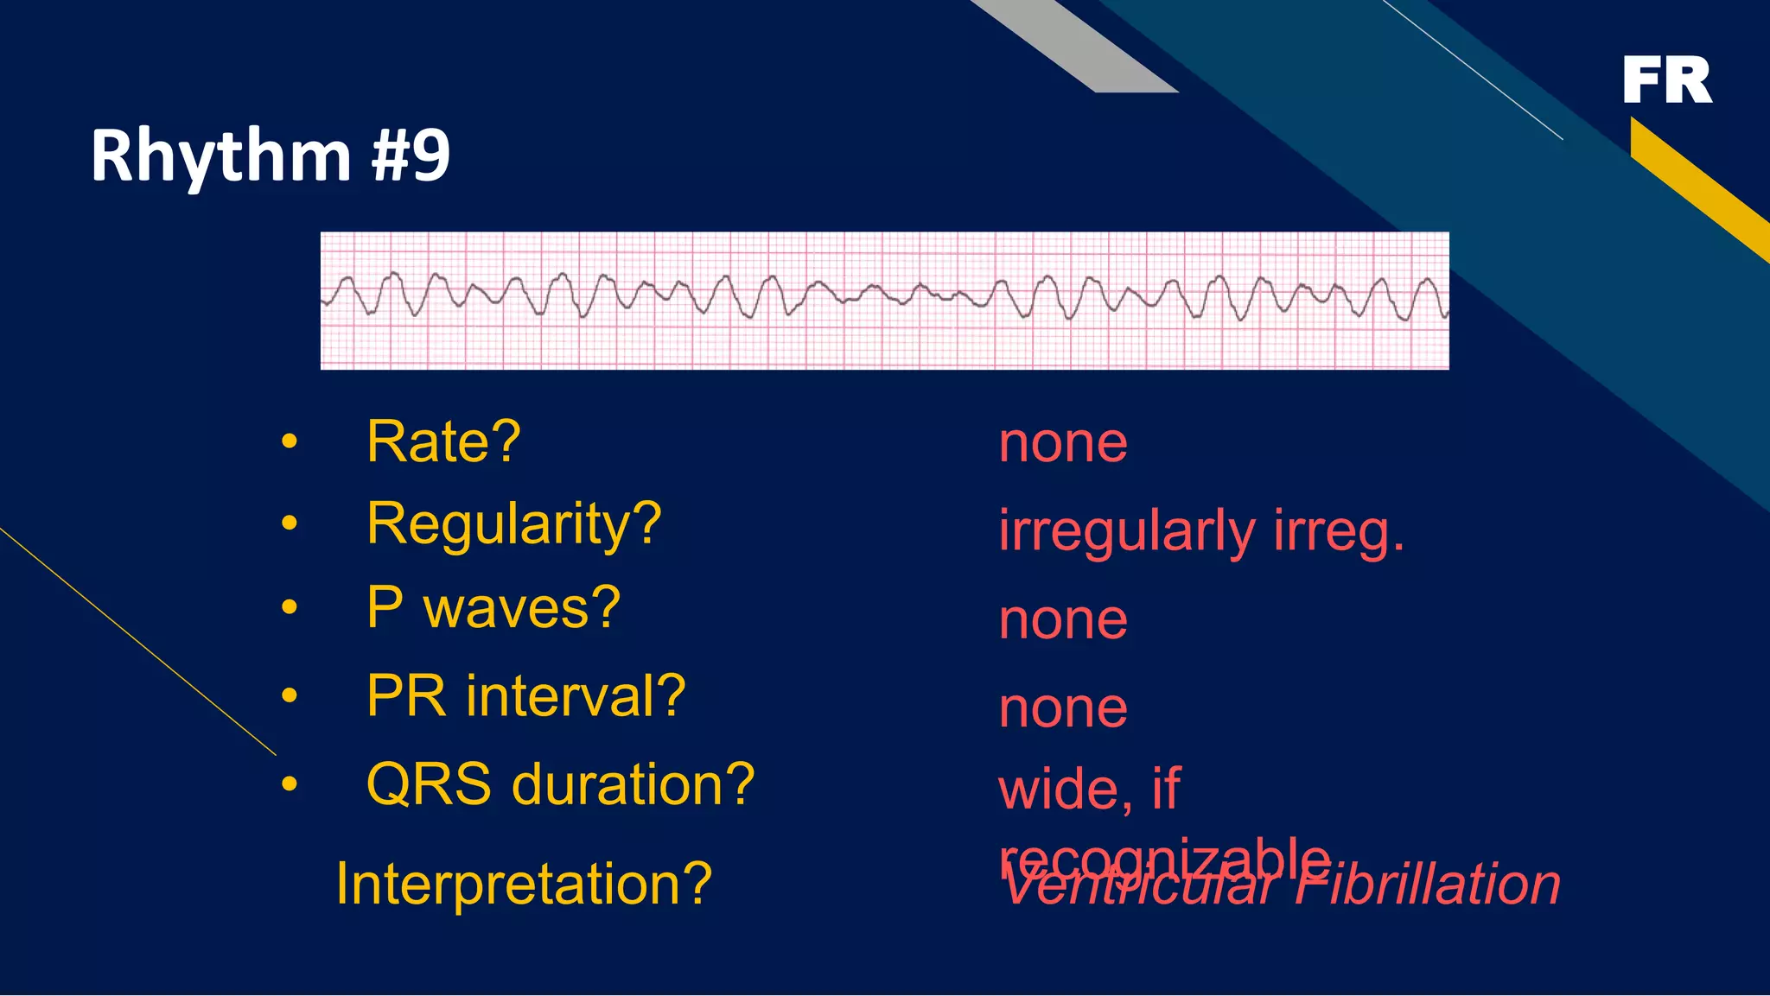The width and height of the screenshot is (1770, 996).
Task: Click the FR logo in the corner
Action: point(1666,80)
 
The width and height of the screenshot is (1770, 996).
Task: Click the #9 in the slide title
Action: point(411,155)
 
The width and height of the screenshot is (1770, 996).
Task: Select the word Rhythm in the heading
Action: point(220,155)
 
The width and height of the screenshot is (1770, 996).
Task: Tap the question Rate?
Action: point(443,441)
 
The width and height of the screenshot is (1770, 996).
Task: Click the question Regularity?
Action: point(513,524)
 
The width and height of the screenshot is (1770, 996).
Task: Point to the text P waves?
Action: point(493,607)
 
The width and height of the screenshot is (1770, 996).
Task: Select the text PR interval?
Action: point(525,696)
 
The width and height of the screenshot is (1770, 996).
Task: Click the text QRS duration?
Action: point(560,784)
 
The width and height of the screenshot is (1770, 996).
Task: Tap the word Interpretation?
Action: point(524,884)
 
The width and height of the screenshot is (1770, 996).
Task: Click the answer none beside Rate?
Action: point(1062,443)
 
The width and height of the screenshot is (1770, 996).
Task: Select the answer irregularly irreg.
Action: point(1201,531)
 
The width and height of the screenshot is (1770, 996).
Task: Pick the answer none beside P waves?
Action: point(1062,620)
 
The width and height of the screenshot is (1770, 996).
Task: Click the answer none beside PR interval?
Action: point(1062,708)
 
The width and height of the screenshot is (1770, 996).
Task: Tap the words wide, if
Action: point(1089,789)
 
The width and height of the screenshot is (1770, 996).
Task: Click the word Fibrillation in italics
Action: point(1428,885)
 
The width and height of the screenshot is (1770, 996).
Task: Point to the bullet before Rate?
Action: point(290,442)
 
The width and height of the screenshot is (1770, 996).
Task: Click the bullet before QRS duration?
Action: point(290,784)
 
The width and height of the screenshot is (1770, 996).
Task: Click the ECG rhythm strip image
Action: point(884,301)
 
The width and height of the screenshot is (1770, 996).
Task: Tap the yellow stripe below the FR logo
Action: point(1698,186)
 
